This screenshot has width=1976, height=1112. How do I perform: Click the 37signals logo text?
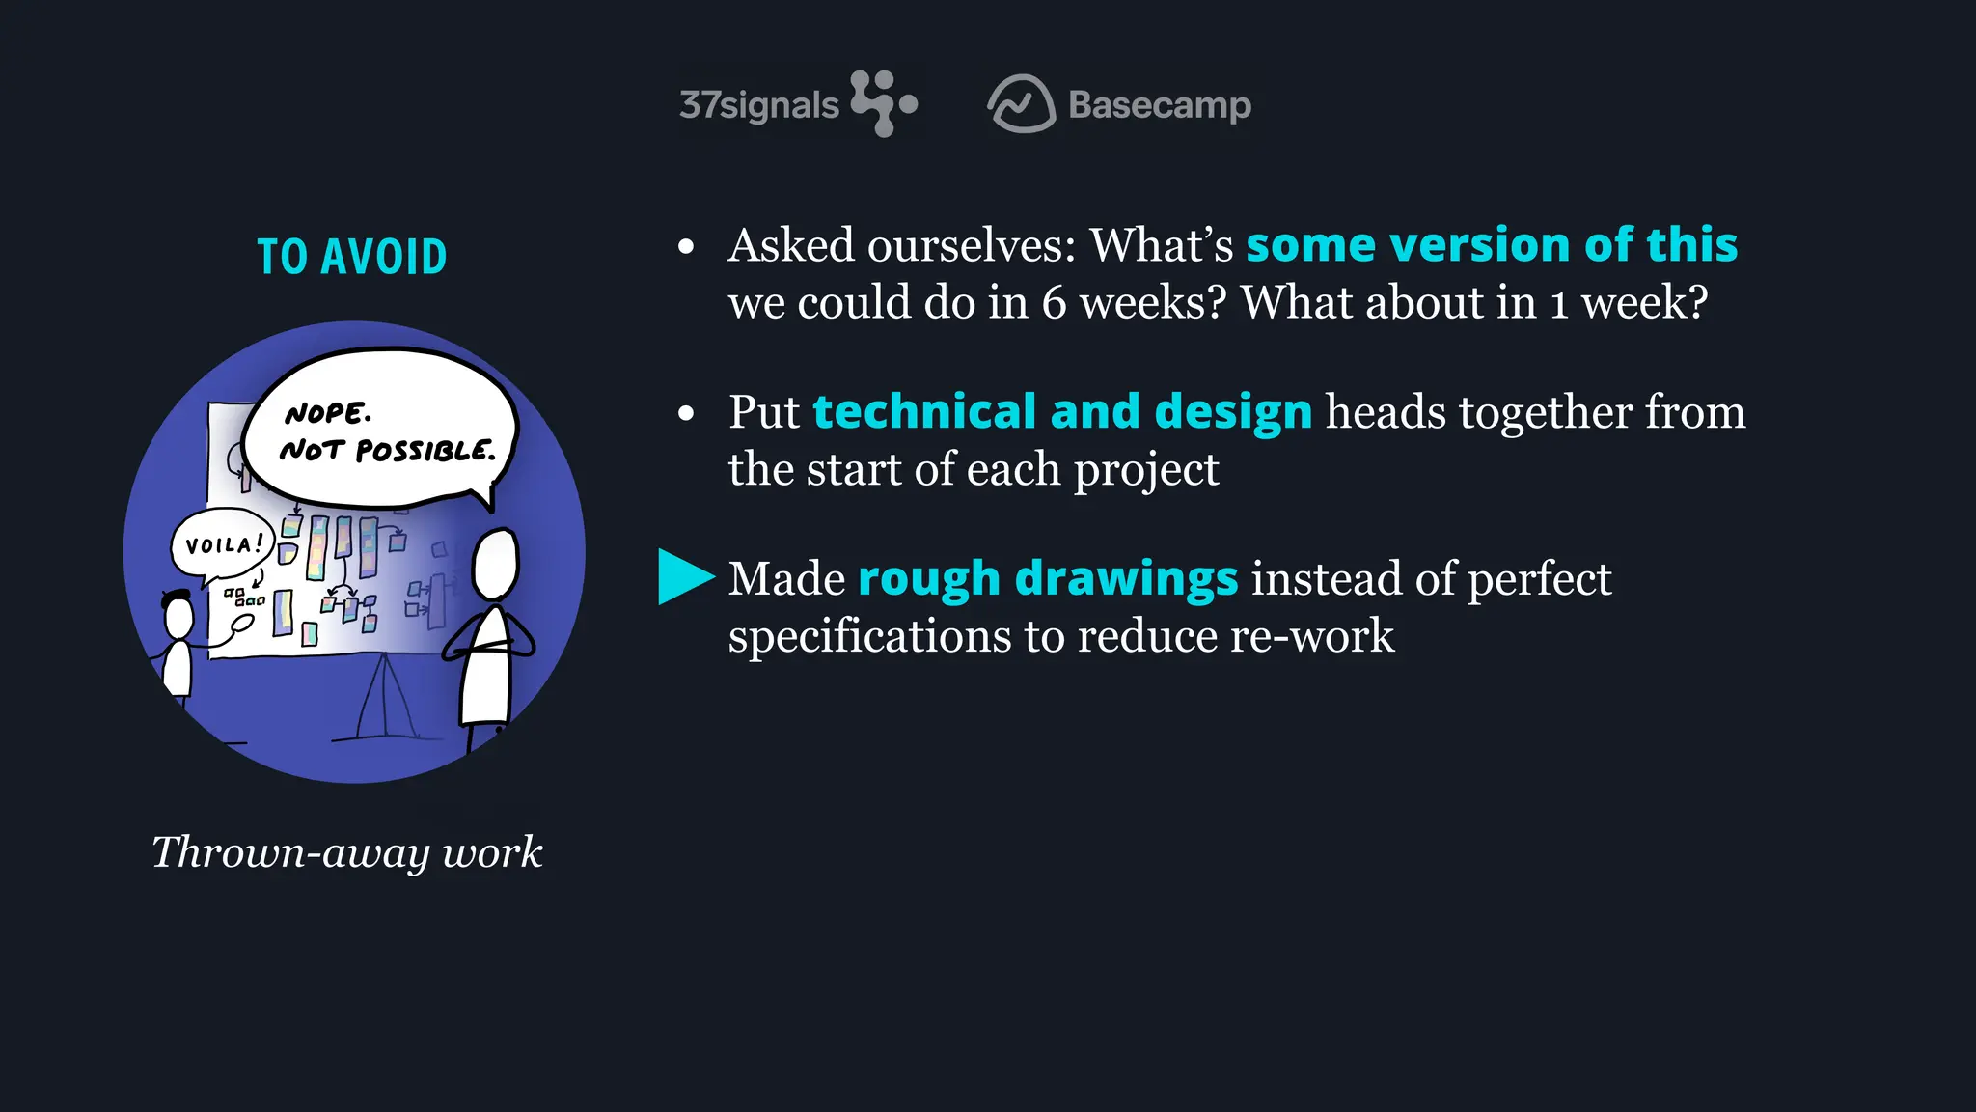[759, 105]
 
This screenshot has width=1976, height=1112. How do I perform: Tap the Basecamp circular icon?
[1021, 104]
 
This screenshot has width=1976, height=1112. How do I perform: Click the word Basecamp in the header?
[1160, 105]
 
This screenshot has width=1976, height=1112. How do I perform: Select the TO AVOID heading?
[352, 258]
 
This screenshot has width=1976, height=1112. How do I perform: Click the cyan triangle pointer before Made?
[683, 576]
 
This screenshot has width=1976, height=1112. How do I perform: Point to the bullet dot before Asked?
[686, 247]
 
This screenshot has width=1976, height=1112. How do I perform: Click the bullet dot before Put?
[686, 414]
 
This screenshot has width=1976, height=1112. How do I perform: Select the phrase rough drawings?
[1048, 578]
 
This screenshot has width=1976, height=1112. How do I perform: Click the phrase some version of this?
[1492, 244]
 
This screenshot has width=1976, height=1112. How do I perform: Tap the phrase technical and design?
[1062, 411]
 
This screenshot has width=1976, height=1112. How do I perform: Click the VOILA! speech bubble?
[222, 544]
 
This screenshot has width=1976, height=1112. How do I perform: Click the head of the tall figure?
[496, 565]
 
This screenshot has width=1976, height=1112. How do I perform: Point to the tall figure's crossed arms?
[488, 643]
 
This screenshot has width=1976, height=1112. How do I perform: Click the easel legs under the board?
[386, 700]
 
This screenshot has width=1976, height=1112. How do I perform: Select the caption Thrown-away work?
[347, 852]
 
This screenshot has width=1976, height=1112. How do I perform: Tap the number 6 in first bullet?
[1054, 303]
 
